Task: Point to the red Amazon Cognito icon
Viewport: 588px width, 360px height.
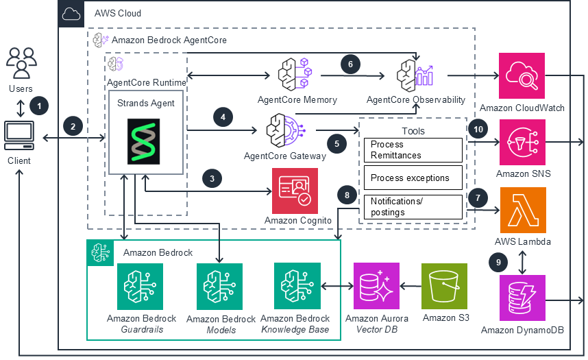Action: pos(295,189)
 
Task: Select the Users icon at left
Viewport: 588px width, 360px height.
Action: pos(21,62)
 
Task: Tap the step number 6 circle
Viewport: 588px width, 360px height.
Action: pos(350,64)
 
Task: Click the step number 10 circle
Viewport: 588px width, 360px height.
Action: pos(478,128)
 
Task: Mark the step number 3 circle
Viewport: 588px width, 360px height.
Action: pos(212,178)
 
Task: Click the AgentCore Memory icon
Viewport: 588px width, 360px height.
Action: pos(296,73)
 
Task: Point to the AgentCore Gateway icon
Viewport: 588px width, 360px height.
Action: pos(284,130)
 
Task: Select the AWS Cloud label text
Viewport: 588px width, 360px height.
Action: pos(114,13)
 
